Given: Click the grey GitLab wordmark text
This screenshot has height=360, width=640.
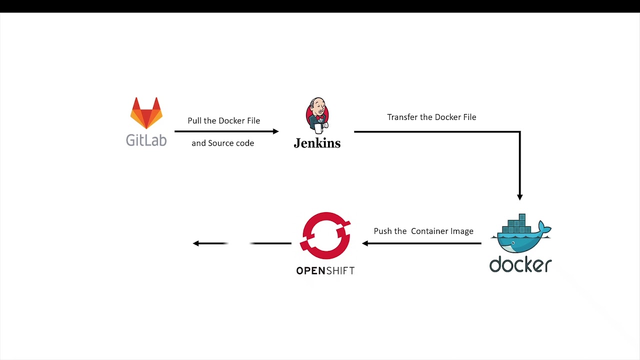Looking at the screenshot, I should coord(146,140).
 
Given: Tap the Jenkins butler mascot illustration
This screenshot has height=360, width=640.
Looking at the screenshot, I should coord(317,115).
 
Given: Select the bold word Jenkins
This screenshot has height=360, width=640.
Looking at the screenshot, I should coord(317,143).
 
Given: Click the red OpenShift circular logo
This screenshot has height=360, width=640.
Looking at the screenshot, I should coord(325,235).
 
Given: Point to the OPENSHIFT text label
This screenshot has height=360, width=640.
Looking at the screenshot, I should coord(325,271).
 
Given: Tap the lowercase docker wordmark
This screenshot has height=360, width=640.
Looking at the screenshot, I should coord(520,264).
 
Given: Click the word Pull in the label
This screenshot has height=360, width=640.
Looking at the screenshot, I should coord(194,121).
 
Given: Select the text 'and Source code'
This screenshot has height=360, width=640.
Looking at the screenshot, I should coord(222,143).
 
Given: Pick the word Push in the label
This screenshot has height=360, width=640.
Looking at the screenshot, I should coord(383,231).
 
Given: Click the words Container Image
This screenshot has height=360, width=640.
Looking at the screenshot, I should coord(442,231).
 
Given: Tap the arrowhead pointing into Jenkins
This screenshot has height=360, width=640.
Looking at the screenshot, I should coord(275,131).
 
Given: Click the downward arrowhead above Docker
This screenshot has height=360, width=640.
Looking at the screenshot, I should coord(520,197).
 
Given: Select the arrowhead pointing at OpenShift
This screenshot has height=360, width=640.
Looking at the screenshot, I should coord(365,243).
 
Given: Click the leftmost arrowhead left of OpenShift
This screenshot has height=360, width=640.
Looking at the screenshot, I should coord(196,243).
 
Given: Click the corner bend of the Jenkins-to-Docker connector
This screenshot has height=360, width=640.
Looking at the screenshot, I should coord(519,132).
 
